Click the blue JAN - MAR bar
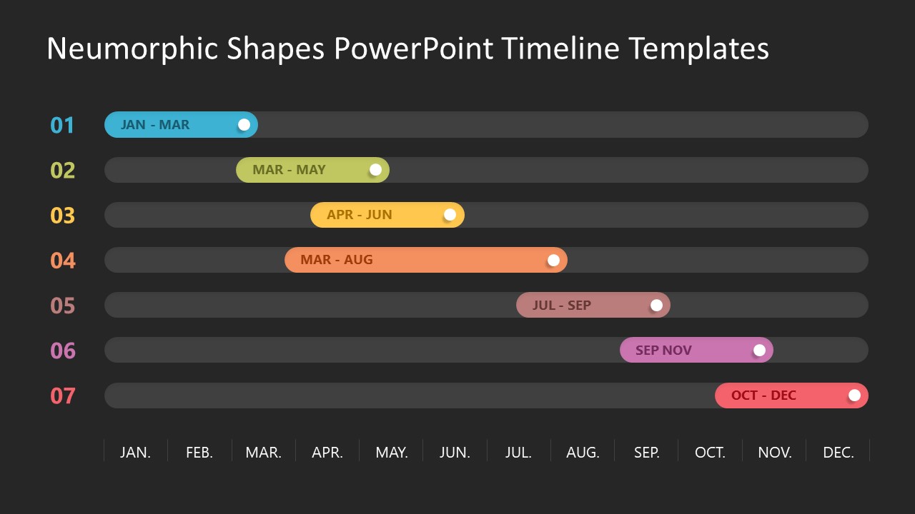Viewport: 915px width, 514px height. click(x=179, y=125)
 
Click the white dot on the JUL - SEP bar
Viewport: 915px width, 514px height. click(x=656, y=306)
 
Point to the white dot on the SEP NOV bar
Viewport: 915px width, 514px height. click(x=759, y=350)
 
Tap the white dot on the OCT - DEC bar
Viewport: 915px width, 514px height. click(x=854, y=395)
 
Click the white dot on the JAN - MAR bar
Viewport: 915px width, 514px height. click(x=244, y=125)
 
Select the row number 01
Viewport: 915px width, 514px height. click(x=62, y=126)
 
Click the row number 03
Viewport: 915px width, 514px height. click(x=62, y=216)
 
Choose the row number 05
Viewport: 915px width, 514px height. click(x=62, y=306)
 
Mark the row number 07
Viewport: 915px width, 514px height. click(x=62, y=396)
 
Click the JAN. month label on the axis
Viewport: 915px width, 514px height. click(x=135, y=453)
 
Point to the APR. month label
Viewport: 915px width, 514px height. click(x=327, y=453)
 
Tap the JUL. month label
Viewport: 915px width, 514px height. click(x=518, y=453)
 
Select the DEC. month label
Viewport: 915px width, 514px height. click(x=839, y=453)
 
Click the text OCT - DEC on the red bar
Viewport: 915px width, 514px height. click(x=763, y=395)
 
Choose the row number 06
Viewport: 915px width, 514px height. click(x=62, y=351)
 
